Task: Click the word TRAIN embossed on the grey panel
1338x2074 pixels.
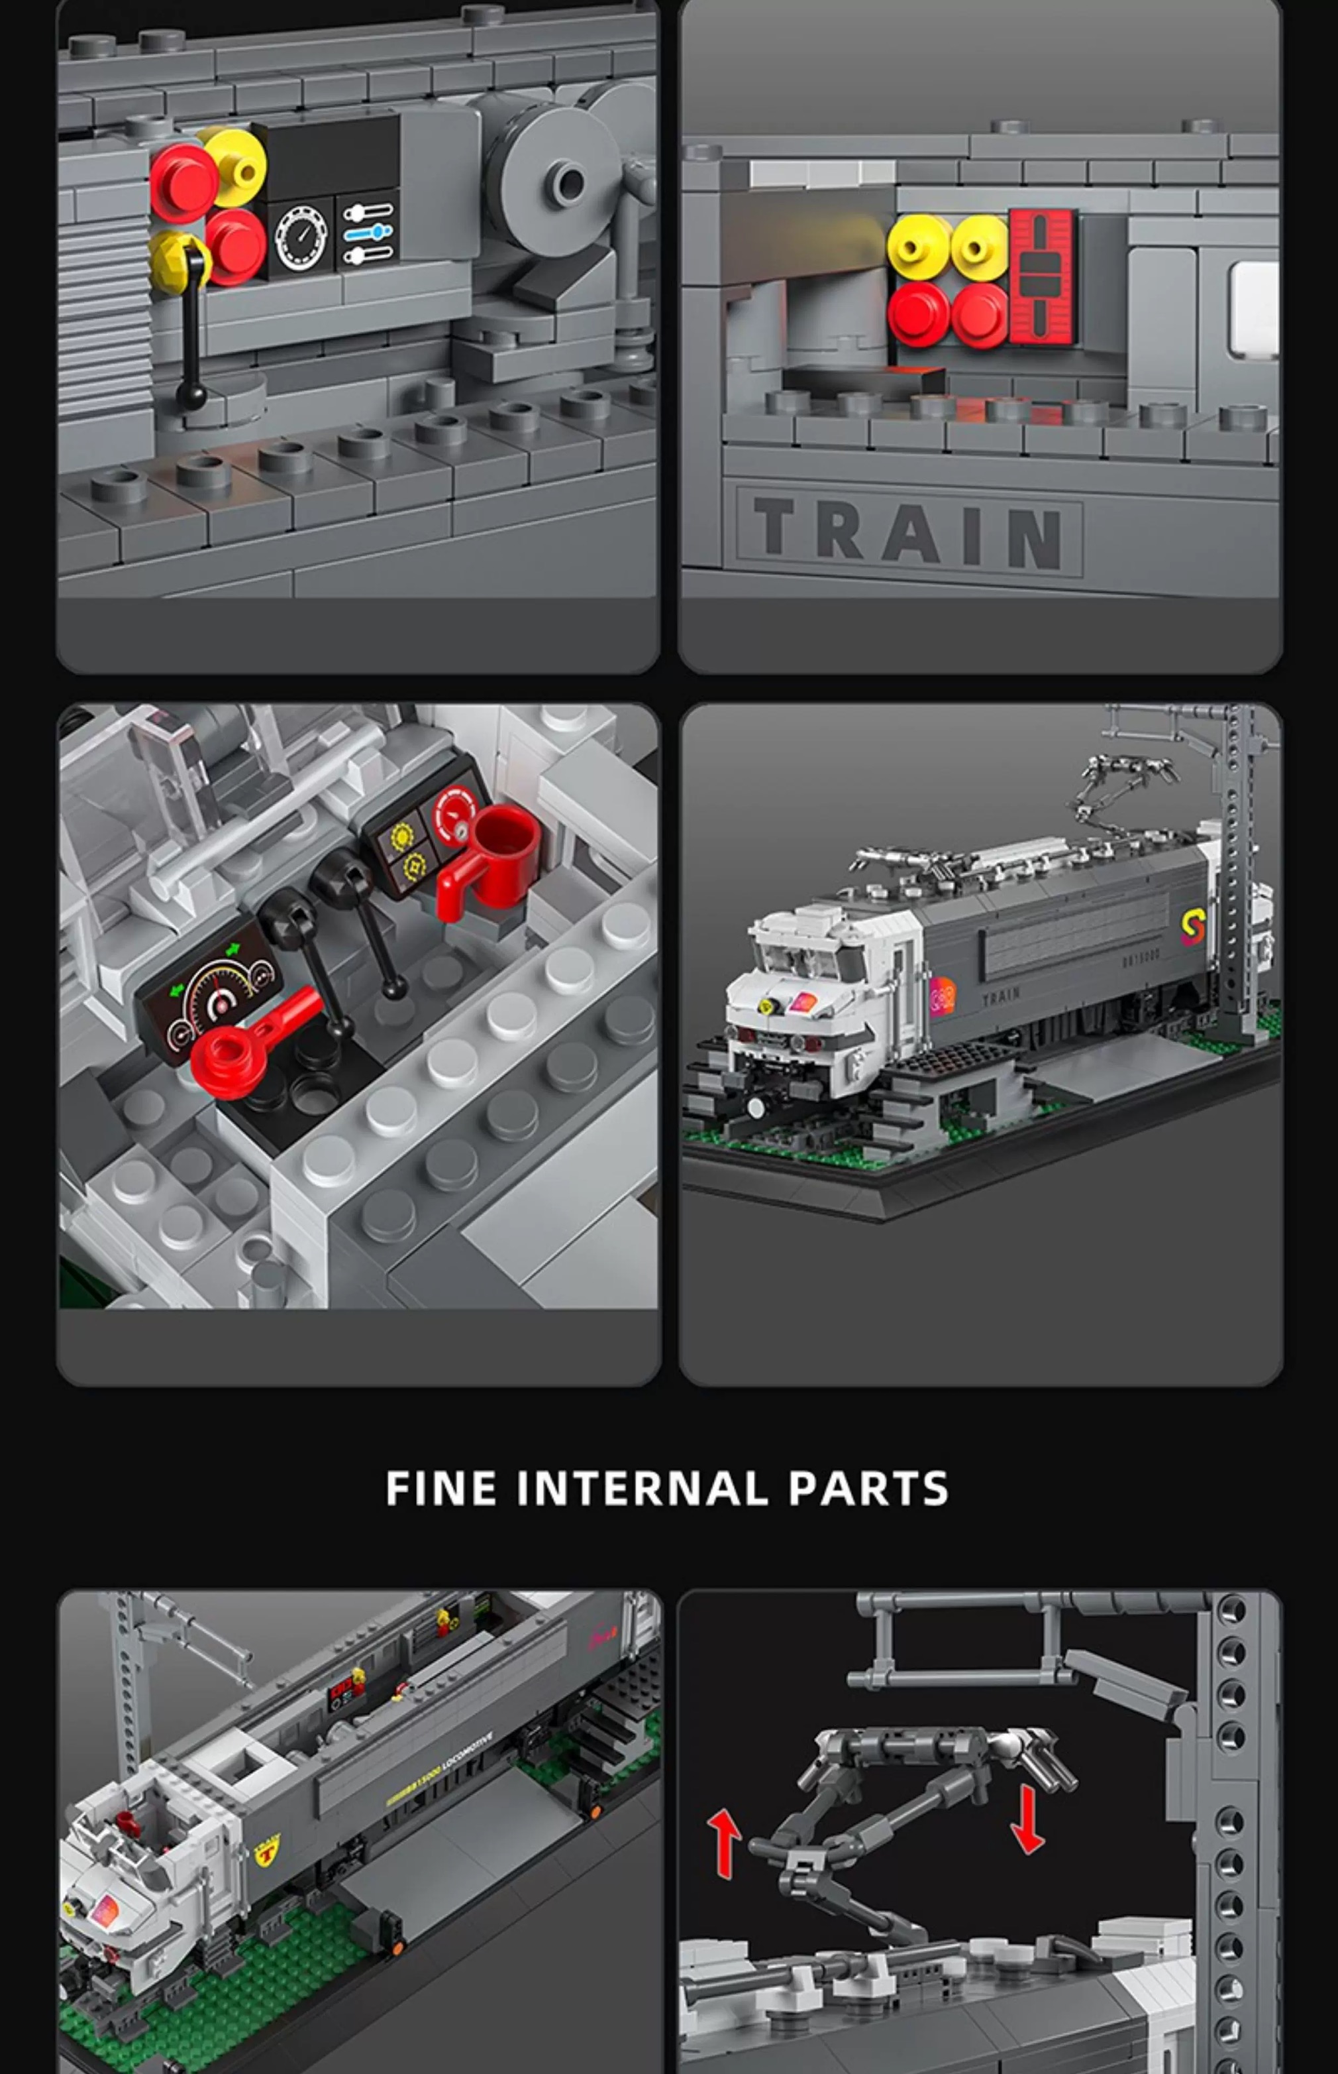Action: tap(908, 532)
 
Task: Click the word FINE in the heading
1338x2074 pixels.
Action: tap(441, 1488)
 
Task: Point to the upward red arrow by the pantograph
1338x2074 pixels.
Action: tap(724, 1843)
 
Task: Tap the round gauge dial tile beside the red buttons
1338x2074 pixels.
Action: tap(301, 237)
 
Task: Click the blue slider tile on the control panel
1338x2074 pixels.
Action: tap(368, 232)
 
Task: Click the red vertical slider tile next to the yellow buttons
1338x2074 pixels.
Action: tap(1040, 276)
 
